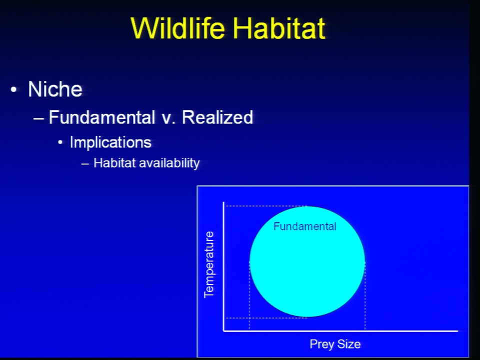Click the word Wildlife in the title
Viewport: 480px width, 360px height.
click(x=178, y=28)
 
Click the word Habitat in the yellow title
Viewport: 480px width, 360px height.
click(x=279, y=28)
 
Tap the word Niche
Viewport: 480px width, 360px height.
click(x=55, y=89)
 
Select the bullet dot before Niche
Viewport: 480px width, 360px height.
click(x=13, y=89)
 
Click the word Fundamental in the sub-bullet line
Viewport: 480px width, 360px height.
click(x=102, y=117)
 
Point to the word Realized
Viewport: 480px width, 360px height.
click(x=217, y=117)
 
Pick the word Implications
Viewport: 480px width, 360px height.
click(x=110, y=142)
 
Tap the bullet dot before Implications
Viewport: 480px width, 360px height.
click(x=60, y=142)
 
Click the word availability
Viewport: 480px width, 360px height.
click(x=169, y=163)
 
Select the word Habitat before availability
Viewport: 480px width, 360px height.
click(x=114, y=163)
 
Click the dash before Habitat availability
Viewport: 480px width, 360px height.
click(x=85, y=164)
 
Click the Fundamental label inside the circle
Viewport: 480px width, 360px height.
click(x=304, y=226)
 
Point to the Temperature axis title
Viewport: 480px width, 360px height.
click(x=209, y=264)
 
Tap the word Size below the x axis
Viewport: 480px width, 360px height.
click(x=348, y=344)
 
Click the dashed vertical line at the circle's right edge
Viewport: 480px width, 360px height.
click(x=365, y=296)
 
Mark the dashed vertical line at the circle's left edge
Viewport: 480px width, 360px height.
click(x=249, y=296)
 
